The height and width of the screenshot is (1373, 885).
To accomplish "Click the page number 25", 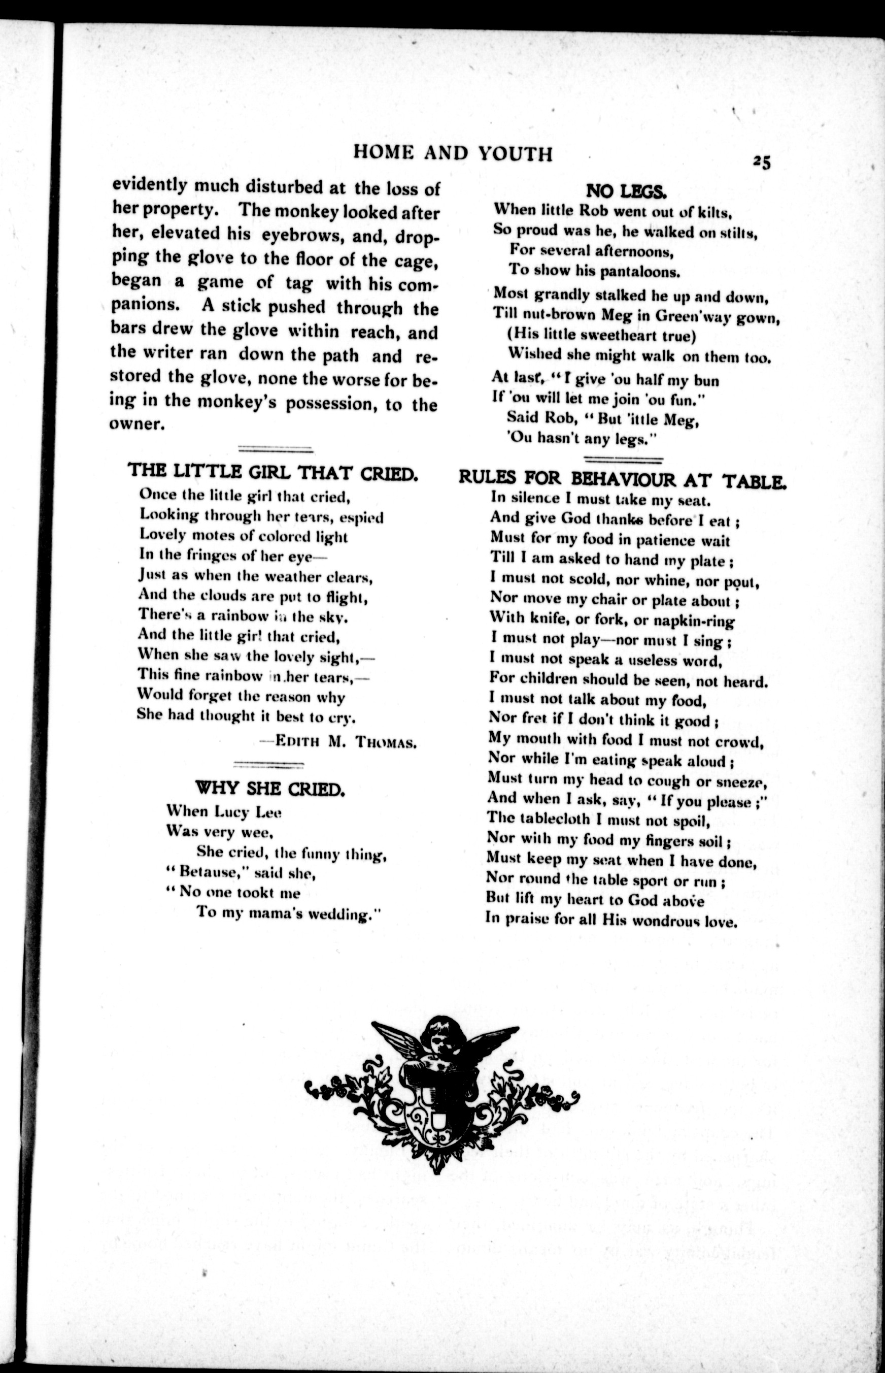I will click(x=762, y=162).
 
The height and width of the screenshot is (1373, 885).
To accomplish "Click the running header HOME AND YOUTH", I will click(x=453, y=153).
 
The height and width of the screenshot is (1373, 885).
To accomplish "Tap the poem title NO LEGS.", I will click(x=626, y=190).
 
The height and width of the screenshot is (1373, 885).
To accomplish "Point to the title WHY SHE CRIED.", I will click(x=270, y=788).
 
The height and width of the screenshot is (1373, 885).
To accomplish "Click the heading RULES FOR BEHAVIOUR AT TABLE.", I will click(x=622, y=479).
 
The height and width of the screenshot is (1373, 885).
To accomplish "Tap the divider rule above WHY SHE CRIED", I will click(x=268, y=764).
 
